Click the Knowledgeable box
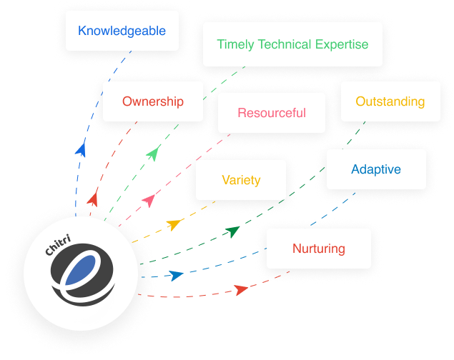(122, 31)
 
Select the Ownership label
(152, 101)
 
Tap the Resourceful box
(271, 113)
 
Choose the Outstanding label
(390, 101)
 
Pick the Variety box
(241, 180)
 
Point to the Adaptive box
(375, 170)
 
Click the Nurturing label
(318, 249)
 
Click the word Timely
(235, 44)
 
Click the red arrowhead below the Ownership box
(92, 198)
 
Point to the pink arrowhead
(149, 200)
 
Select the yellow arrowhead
(174, 225)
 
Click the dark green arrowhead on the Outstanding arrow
(232, 231)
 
